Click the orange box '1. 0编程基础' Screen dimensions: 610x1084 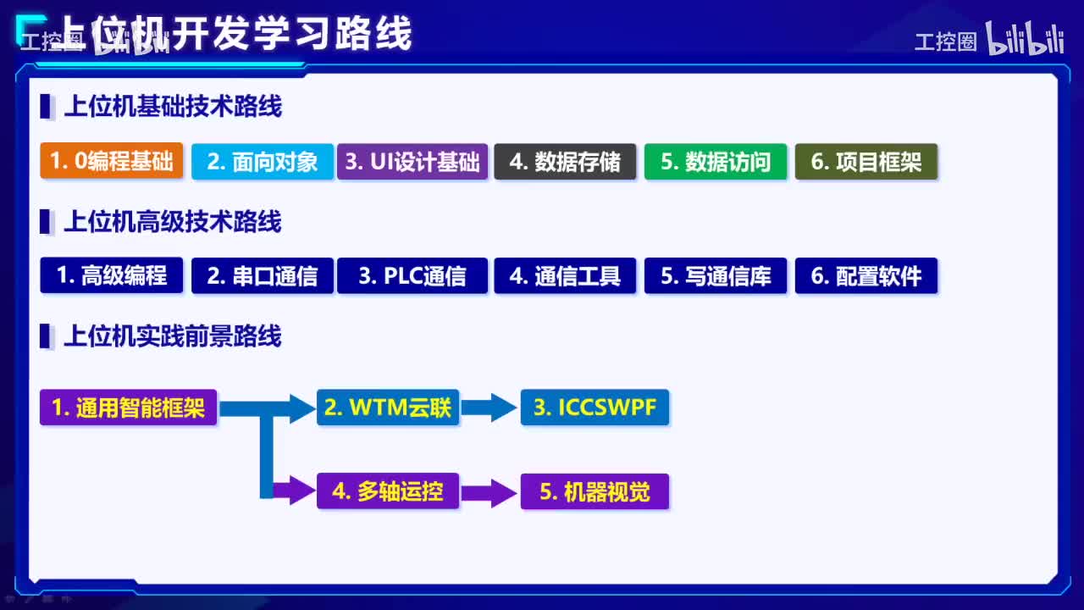(x=111, y=161)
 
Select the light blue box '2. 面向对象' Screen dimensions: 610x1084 (x=263, y=161)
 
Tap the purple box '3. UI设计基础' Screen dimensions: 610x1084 (x=412, y=161)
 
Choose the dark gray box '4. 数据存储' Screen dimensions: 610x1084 (x=565, y=161)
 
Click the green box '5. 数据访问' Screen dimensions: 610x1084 (x=716, y=161)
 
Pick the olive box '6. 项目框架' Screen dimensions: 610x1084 (x=866, y=161)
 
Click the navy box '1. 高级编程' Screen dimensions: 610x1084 (x=111, y=275)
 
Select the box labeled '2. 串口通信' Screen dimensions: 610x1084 (x=263, y=275)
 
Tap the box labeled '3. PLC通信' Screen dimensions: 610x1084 (x=412, y=275)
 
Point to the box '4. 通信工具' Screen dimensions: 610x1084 (x=565, y=275)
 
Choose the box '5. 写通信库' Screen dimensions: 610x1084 (x=716, y=275)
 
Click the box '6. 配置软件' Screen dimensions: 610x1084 (x=866, y=275)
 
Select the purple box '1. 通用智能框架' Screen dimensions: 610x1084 (x=128, y=408)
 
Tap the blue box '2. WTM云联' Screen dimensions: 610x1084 (x=388, y=408)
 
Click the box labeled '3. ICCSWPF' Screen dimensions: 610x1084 (x=595, y=408)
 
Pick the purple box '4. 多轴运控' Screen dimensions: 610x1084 (x=388, y=491)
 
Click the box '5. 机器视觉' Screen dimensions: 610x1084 (x=595, y=491)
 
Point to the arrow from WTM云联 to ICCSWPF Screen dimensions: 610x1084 (x=489, y=408)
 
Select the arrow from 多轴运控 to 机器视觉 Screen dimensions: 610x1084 (x=489, y=492)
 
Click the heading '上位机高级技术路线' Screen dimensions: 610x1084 (x=173, y=223)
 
